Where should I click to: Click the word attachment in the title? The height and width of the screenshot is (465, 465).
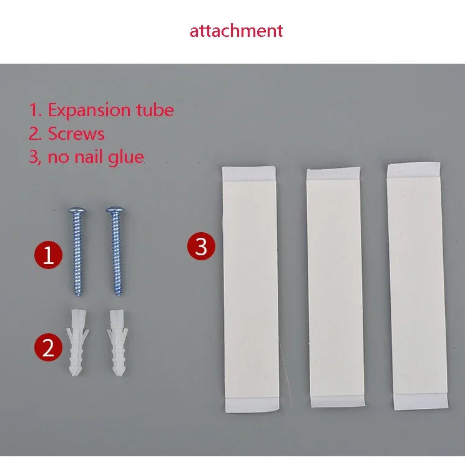pos(236,31)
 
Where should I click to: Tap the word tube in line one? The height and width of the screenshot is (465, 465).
pos(155,110)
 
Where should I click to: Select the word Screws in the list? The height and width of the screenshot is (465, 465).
pos(76,134)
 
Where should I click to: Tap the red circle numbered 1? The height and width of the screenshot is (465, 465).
pos(48,255)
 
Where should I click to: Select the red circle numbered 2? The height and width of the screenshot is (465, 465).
pos(48,347)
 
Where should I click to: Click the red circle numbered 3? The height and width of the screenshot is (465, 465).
pos(201,246)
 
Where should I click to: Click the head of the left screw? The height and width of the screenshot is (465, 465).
pos(77,210)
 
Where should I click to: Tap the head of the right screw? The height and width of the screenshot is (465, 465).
pos(115,210)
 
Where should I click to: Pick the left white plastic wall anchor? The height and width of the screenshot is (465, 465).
pos(77,342)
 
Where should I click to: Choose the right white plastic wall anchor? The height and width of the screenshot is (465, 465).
pos(117,343)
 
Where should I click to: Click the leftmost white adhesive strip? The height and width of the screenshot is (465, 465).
pos(251,290)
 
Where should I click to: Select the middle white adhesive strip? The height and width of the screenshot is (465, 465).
pos(335,288)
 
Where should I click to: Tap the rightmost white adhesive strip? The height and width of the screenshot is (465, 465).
pos(418,286)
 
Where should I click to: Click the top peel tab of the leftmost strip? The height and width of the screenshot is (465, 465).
pos(249,174)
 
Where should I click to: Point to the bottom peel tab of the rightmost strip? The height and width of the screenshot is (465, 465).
pos(421,401)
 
